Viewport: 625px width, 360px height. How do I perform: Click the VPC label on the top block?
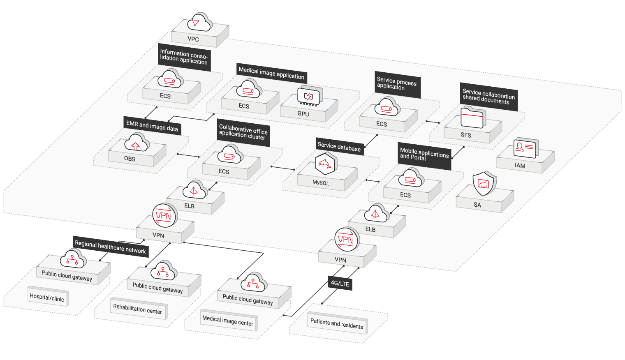tap(193, 39)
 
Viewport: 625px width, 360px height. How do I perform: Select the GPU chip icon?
tap(309, 97)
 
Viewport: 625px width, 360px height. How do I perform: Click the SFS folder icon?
tap(472, 118)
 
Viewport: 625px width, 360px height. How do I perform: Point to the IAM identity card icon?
tap(525, 148)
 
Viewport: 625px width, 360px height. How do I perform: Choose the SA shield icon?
tap(484, 184)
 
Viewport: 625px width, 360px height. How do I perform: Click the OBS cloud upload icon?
tap(136, 144)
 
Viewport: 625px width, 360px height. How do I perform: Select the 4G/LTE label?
tap(340, 283)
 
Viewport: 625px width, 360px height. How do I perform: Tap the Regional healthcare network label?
tap(110, 247)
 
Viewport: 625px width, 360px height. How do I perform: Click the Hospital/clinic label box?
tap(47, 297)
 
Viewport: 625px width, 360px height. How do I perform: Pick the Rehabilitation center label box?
tap(138, 309)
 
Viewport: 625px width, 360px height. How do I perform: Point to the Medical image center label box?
tap(228, 321)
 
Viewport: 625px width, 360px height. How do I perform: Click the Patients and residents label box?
tap(336, 324)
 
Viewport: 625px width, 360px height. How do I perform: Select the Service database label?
tap(339, 147)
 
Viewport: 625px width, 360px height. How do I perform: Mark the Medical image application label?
tap(271, 73)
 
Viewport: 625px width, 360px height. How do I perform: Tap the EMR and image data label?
tap(152, 126)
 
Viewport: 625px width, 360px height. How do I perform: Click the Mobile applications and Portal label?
tap(424, 154)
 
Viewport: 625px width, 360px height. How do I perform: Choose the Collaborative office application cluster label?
tap(243, 132)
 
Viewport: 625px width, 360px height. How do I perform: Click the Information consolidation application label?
tap(184, 57)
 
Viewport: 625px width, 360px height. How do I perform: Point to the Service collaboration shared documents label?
tap(488, 97)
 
